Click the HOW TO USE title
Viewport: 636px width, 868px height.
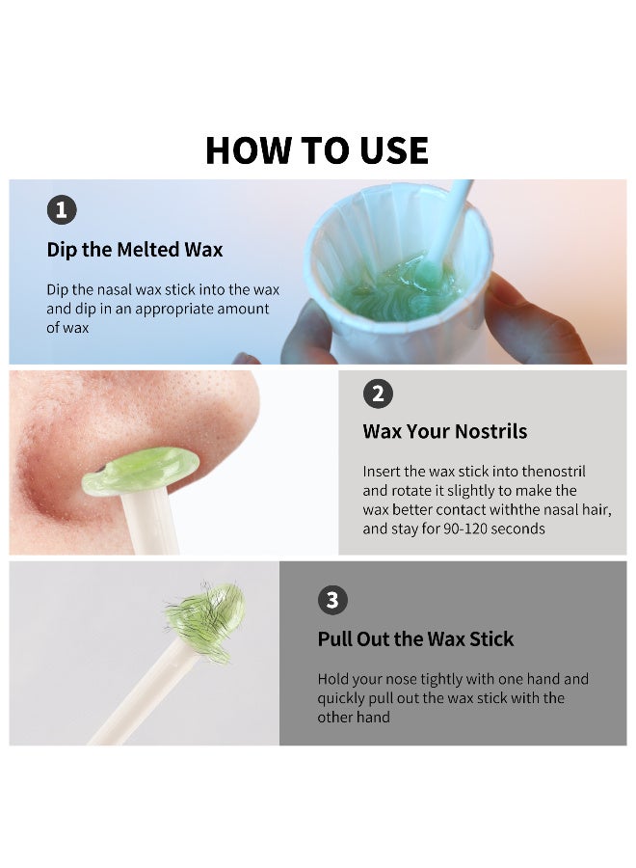coord(317,150)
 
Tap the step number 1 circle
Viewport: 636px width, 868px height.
coord(62,210)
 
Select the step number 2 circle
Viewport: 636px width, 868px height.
coord(378,393)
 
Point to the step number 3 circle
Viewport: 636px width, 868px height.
coord(332,600)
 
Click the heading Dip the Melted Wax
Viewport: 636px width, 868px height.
coord(134,250)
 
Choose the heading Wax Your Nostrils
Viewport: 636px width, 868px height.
coord(445,431)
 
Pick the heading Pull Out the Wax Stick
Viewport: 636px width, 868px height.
coord(415,638)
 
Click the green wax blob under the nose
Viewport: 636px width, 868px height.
coord(141,471)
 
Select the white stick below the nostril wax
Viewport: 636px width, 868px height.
coord(150,522)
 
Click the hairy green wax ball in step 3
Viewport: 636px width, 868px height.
coord(207,621)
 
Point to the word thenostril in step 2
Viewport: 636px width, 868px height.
coord(553,471)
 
